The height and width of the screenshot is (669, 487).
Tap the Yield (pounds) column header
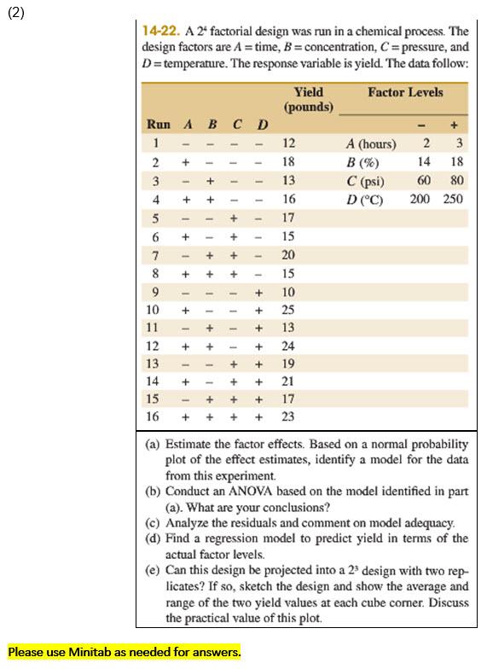(x=308, y=99)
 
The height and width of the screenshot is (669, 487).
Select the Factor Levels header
(x=405, y=92)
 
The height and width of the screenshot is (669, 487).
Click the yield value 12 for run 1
(x=288, y=144)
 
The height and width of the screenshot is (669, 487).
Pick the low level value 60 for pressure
(x=423, y=181)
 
